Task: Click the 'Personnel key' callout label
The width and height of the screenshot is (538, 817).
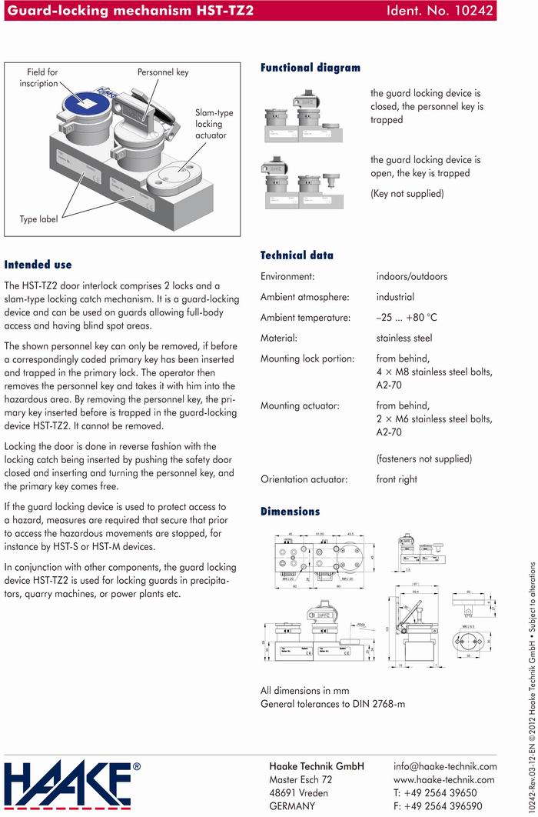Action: point(163,72)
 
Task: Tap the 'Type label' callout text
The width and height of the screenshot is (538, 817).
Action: point(38,219)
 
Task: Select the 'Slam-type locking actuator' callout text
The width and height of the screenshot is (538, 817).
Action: point(214,124)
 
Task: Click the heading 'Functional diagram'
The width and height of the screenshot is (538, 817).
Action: point(310,68)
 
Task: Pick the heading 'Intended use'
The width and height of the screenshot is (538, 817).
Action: point(38,264)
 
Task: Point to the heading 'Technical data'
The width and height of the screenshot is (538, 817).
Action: point(297,255)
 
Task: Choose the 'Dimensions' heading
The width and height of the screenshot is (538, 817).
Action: point(290,511)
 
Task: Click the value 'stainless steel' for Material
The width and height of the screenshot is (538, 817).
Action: point(404,338)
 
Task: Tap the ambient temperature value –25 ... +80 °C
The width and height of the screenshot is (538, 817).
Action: point(407,317)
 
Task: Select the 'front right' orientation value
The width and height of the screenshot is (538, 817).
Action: point(397,479)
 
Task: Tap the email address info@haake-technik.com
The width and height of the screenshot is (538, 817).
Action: point(445,766)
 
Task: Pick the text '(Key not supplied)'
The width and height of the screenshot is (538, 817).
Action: point(407,194)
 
